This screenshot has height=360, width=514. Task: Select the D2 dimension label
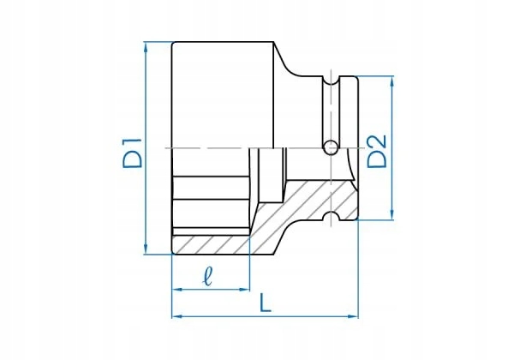click(x=377, y=149)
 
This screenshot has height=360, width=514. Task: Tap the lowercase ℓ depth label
click(x=208, y=275)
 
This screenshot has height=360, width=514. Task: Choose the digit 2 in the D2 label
click(x=377, y=137)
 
